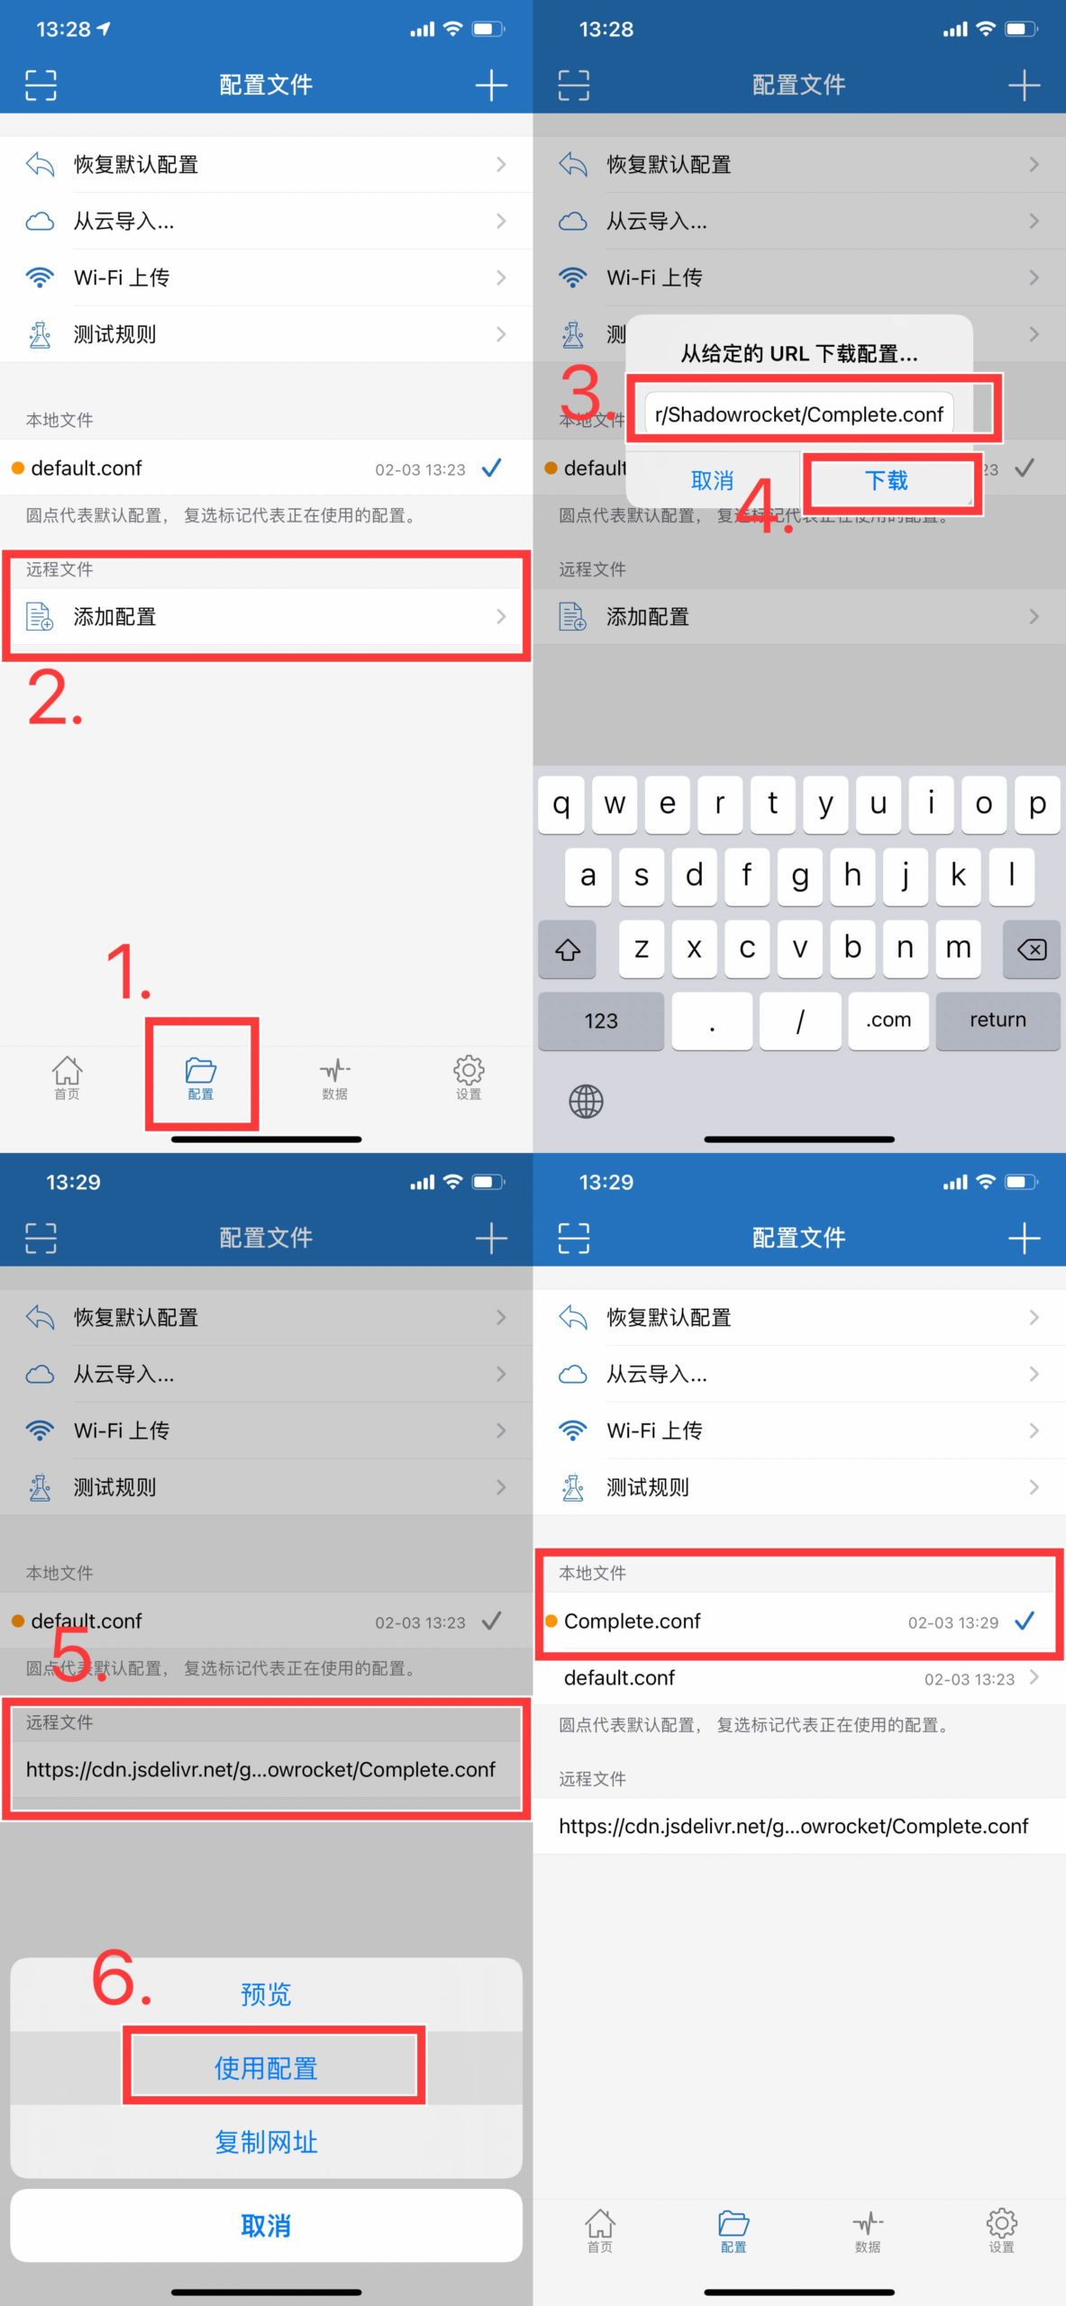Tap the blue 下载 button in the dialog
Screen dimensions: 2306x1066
click(887, 481)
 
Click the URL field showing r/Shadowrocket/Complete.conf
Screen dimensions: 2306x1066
click(798, 414)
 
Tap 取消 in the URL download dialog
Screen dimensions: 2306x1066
click(712, 481)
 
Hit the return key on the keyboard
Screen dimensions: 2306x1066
click(998, 1020)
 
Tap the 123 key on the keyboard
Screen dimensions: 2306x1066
click(600, 1021)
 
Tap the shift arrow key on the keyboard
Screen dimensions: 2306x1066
click(567, 949)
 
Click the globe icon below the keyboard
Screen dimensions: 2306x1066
click(586, 1101)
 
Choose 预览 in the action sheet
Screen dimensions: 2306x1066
click(266, 1994)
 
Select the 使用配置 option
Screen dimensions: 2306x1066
click(266, 2068)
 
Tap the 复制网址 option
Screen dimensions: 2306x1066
click(266, 2142)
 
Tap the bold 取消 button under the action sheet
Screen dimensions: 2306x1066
click(266, 2226)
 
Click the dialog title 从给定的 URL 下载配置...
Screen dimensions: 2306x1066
click(798, 354)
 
